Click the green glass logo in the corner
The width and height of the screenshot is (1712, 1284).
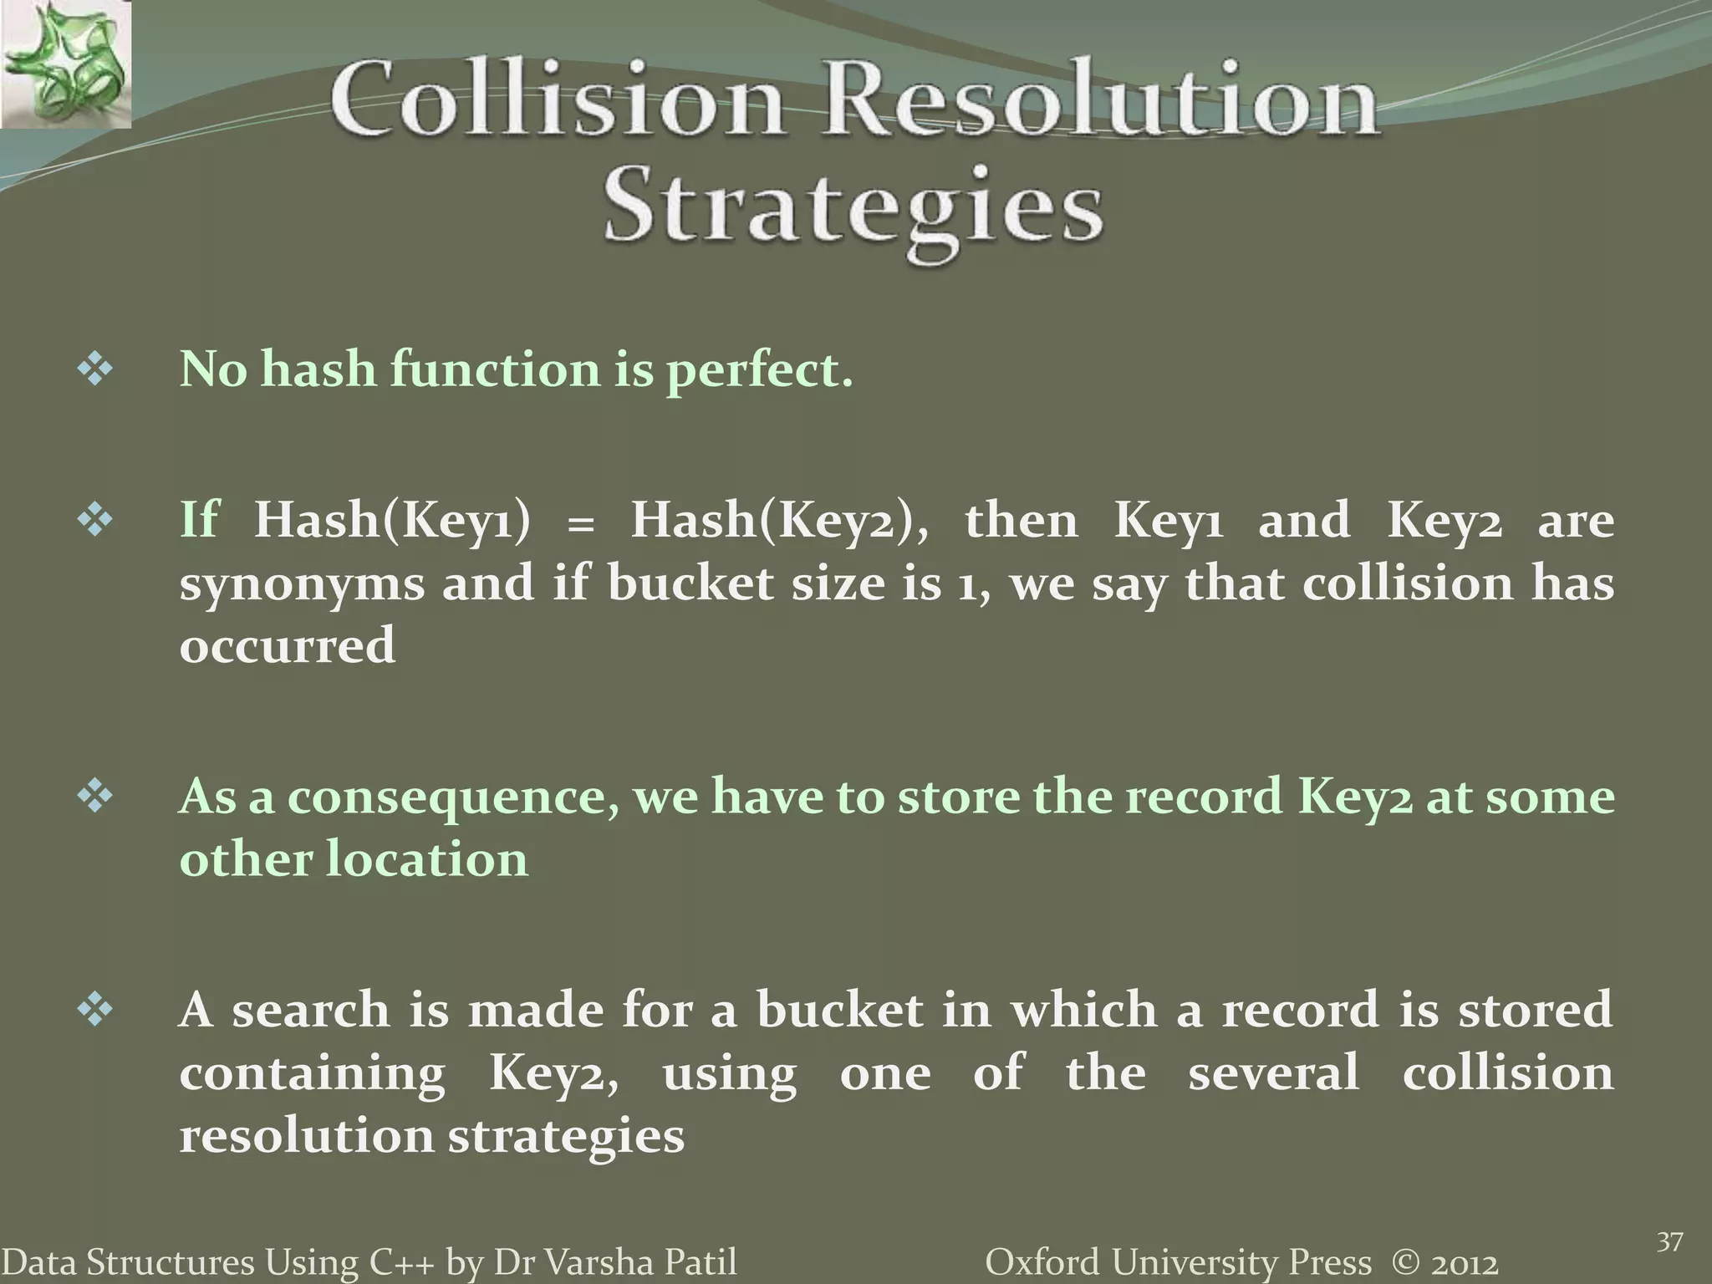(65, 64)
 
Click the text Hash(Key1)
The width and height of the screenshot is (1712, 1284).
(392, 520)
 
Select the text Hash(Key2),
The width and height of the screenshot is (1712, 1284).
(779, 520)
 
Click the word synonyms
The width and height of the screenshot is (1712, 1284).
(303, 583)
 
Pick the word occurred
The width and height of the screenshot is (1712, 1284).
(288, 646)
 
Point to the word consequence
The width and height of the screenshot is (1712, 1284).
(454, 797)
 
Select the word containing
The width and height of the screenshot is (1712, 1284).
(313, 1073)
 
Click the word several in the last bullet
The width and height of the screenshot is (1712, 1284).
(1274, 1073)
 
